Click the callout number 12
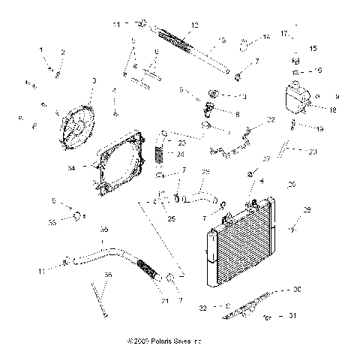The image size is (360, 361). [x=195, y=26]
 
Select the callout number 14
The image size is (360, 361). [x=266, y=36]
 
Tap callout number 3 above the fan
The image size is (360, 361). [x=94, y=80]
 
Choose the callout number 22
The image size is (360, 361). [x=271, y=119]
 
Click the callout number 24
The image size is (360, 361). [x=181, y=155]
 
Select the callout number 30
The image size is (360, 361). [x=318, y=289]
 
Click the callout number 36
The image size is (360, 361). [x=108, y=275]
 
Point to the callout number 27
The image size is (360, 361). [x=266, y=159]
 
